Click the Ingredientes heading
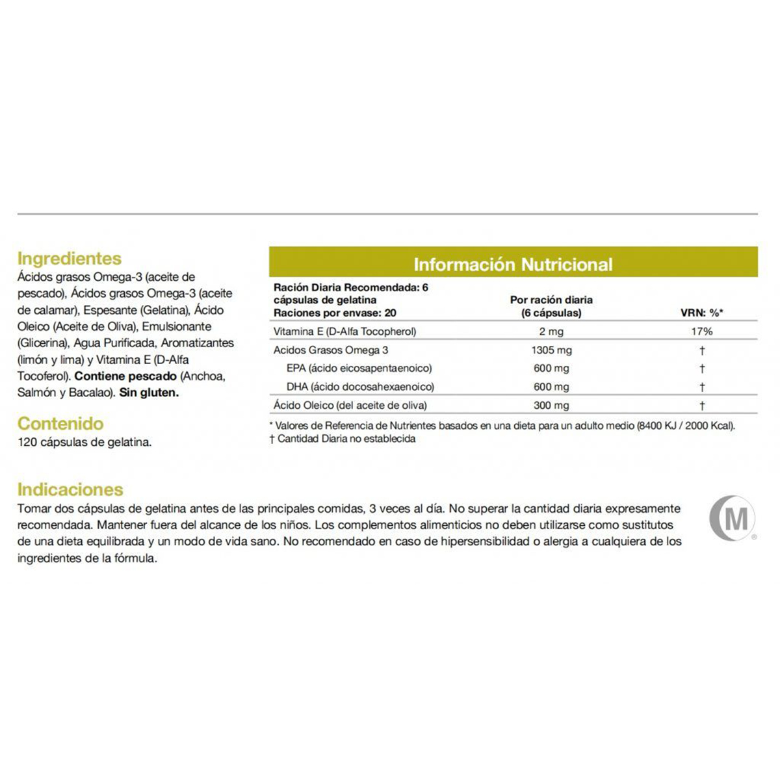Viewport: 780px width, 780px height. (x=70, y=259)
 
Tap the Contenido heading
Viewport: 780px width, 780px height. (x=60, y=424)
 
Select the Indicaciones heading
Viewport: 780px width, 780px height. (x=70, y=489)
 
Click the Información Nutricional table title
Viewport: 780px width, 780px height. (x=513, y=265)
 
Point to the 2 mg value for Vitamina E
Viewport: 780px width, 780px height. (x=551, y=331)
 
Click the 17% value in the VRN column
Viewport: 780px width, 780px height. (x=702, y=331)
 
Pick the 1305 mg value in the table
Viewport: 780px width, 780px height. (x=551, y=350)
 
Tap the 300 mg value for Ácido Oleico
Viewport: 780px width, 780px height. (x=551, y=406)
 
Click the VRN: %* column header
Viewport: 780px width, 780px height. (x=702, y=313)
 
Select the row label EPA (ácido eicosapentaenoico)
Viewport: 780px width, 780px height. (x=359, y=369)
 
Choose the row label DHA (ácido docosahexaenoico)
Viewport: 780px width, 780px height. (x=360, y=387)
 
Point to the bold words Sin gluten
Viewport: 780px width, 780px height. (x=149, y=393)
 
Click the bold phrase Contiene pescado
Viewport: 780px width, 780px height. (x=125, y=376)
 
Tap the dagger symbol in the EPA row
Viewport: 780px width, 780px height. (x=702, y=369)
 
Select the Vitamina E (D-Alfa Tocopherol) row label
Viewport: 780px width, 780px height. (x=344, y=331)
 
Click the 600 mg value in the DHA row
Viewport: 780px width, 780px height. (x=551, y=387)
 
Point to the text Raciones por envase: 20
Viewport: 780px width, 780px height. (x=335, y=313)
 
